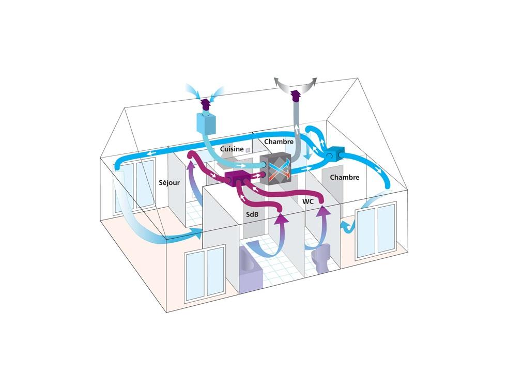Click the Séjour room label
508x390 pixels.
point(169,183)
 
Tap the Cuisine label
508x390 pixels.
point(232,149)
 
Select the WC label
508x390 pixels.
point(308,201)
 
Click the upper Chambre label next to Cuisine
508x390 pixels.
point(279,142)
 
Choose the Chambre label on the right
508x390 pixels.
point(344,177)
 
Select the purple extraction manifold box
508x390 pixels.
point(238,179)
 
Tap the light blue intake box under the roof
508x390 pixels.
point(206,123)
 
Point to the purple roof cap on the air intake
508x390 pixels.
point(205,104)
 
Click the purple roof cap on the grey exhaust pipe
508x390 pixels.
point(296,95)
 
